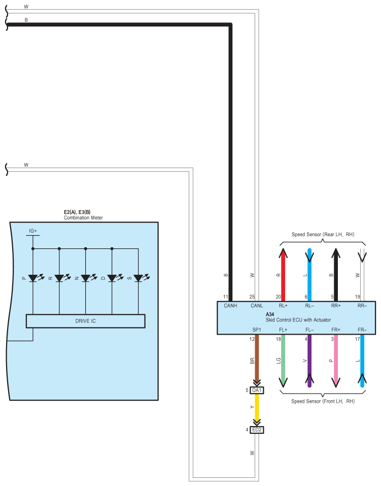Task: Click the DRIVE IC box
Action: click(x=86, y=321)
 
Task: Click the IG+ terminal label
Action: click(x=33, y=231)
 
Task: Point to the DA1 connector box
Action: click(x=257, y=390)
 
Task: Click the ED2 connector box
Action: click(x=257, y=430)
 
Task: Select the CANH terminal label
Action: click(x=230, y=306)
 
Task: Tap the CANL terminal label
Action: click(x=257, y=306)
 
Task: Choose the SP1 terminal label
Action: click(x=257, y=330)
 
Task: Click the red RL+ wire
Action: click(x=283, y=274)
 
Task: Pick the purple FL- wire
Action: click(x=309, y=361)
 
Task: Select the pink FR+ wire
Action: click(x=336, y=361)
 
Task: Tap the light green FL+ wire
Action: click(x=283, y=361)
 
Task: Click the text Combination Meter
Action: click(x=83, y=218)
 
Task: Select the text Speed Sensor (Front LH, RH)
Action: click(x=323, y=401)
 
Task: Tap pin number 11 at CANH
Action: click(x=225, y=297)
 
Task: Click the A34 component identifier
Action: click(x=270, y=314)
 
